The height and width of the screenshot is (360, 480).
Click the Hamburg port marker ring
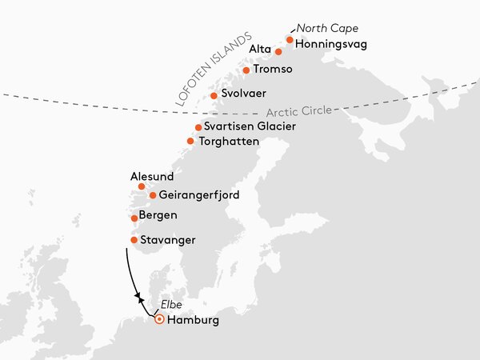pyautogui.click(x=159, y=319)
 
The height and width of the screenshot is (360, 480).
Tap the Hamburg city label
pyautogui.click(x=193, y=320)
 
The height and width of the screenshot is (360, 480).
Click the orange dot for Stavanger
pyautogui.click(x=134, y=240)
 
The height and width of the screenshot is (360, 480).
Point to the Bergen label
pyautogui.click(x=158, y=216)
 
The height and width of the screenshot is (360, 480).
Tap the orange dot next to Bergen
pyautogui.click(x=134, y=218)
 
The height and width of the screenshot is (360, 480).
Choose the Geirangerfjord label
pyautogui.click(x=199, y=195)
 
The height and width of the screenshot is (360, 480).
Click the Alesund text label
pyautogui.click(x=151, y=176)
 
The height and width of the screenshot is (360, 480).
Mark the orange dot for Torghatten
pyautogui.click(x=190, y=142)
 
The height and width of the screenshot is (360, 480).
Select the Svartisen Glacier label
pyautogui.click(x=250, y=126)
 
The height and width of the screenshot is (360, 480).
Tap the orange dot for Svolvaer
pyautogui.click(x=214, y=96)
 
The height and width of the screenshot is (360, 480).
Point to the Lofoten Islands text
pyautogui.click(x=213, y=70)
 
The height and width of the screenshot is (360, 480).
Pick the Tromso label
pyautogui.click(x=273, y=70)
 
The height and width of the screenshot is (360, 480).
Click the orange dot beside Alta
pyautogui.click(x=278, y=51)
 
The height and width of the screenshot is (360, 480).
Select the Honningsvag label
pyautogui.click(x=330, y=44)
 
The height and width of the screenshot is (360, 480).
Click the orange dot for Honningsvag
pyautogui.click(x=290, y=39)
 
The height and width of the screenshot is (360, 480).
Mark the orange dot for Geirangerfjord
pyautogui.click(x=153, y=195)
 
